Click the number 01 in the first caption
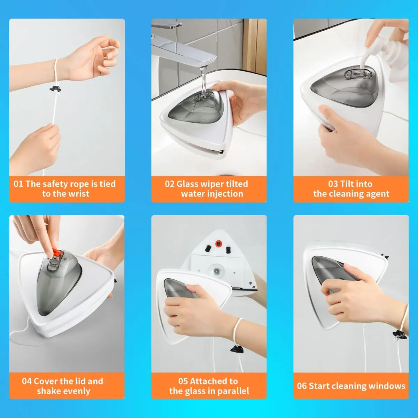pos(18,184)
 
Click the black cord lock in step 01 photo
pos(55,89)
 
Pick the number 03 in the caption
pos(333,184)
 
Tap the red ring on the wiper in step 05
pos(218,243)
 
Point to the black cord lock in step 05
pos(237,349)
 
